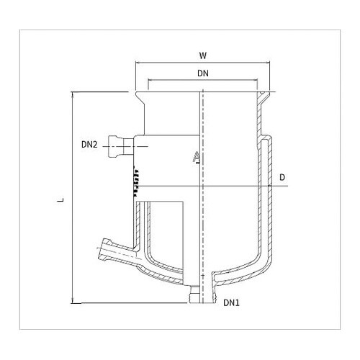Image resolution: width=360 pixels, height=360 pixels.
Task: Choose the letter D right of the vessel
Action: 282,176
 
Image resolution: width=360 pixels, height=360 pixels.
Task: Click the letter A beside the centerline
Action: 197,158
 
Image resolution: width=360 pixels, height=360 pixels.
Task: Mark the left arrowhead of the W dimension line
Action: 138,63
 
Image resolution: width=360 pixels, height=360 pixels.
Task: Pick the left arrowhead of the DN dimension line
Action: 148,81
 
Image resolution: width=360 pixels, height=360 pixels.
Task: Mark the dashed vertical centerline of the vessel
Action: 204,216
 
